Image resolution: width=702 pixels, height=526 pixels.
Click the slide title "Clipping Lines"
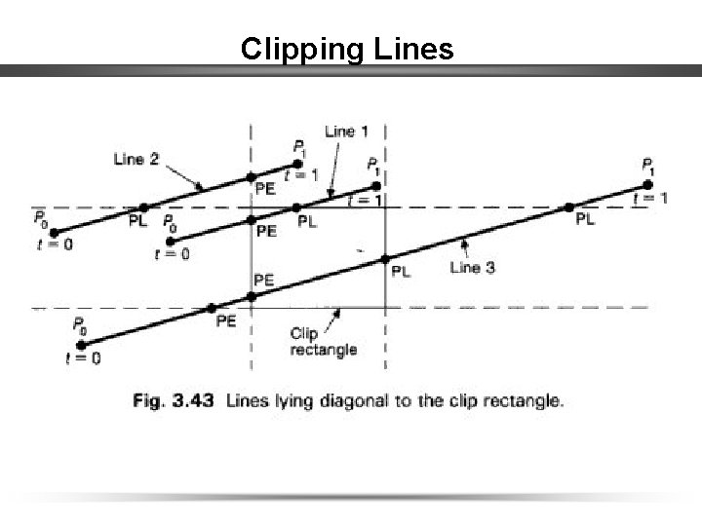pos(347,48)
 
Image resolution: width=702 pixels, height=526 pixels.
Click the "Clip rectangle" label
pos(323,342)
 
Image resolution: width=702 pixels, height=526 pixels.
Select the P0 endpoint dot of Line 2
pos(54,232)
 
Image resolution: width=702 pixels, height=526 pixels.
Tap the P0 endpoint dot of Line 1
pos(172,240)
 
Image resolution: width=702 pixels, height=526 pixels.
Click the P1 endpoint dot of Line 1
pos(372,185)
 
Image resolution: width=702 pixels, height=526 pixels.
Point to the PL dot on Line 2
pos(143,207)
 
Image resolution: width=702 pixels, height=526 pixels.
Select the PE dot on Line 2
pos(251,176)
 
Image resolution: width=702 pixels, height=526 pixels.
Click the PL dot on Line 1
pos(296,207)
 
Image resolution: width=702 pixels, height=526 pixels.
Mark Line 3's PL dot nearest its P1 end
pos(568,207)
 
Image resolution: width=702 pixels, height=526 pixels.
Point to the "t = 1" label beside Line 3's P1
pos(650,198)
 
